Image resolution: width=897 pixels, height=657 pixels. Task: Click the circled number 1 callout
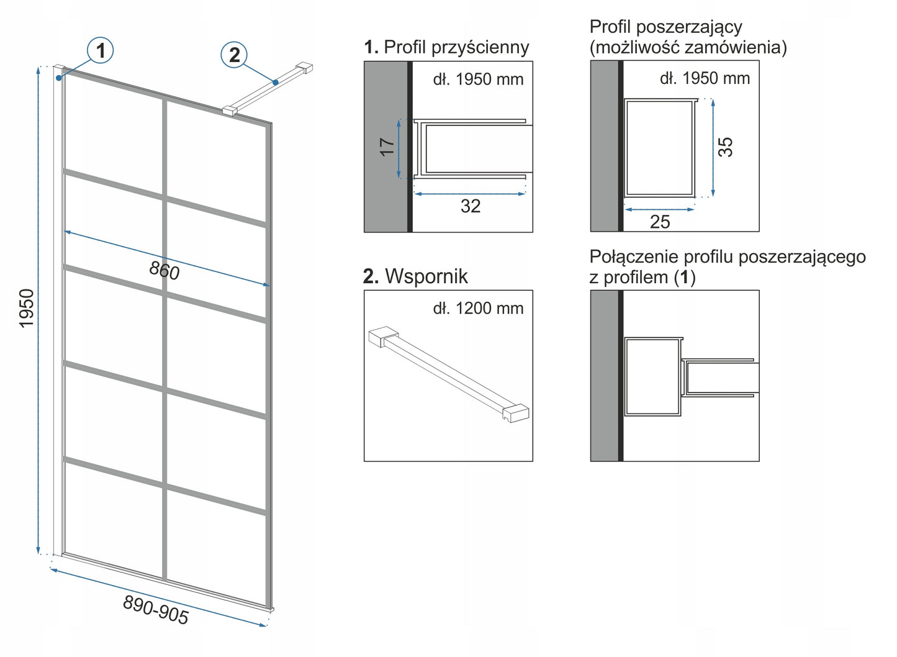point(101,50)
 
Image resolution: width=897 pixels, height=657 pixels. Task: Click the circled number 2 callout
point(234,55)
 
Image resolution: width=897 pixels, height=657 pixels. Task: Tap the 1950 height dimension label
point(27,308)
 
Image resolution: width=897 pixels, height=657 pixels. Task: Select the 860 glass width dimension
point(165,270)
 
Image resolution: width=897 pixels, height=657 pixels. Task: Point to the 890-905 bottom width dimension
point(156,609)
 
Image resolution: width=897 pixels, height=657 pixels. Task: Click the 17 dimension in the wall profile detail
point(387,147)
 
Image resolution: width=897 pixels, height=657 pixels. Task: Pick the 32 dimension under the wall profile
point(471,206)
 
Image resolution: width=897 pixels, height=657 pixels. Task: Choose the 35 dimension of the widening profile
point(725,147)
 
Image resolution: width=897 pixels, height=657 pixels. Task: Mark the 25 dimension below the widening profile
point(660,222)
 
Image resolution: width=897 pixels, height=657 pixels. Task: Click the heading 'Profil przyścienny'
point(456,47)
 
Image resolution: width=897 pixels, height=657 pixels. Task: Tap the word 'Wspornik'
point(426,276)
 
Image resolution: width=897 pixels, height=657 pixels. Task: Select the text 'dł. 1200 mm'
point(478,308)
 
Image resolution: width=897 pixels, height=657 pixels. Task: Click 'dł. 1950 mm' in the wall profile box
point(478,79)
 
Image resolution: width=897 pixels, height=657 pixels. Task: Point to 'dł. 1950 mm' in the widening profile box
point(705,78)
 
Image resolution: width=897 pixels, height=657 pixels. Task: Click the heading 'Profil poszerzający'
point(665,27)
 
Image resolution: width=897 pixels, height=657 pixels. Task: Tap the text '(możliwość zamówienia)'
point(688,47)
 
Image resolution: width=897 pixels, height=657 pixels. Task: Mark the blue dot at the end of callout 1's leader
point(59,78)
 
